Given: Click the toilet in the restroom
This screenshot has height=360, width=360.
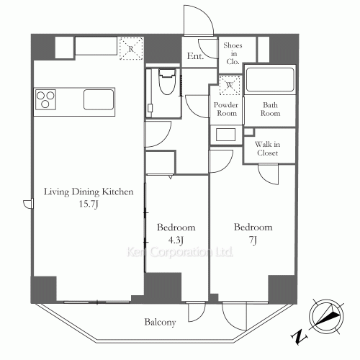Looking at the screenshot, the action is click(167, 81).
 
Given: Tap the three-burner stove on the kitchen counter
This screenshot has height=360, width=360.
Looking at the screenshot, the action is click(45, 99).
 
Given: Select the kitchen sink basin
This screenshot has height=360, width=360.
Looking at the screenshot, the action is click(99, 99).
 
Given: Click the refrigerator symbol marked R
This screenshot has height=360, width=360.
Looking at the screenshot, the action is click(131, 48).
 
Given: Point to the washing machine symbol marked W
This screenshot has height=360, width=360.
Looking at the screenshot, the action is click(230, 85).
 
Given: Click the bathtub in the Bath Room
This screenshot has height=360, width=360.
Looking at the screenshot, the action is click(270, 80).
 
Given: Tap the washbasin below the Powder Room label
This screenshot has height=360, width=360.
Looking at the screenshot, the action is click(225, 135).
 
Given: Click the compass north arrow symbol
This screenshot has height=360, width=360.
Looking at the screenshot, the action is click(326, 316).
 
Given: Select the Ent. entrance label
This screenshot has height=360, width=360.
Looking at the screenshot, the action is click(195, 56).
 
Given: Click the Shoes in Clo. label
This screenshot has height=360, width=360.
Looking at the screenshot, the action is click(233, 53).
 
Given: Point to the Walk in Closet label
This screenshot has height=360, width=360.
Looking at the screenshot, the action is click(268, 148).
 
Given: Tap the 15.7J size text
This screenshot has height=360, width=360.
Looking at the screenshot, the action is click(89, 204).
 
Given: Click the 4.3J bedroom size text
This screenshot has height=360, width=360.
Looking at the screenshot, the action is click(176, 240).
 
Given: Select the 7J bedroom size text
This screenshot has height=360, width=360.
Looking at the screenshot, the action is click(253, 240).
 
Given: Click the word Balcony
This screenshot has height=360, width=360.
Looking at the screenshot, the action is click(160, 322).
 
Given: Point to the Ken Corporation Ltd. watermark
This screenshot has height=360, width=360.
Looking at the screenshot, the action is click(180, 252).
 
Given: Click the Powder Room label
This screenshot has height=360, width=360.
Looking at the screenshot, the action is click(226, 109).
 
